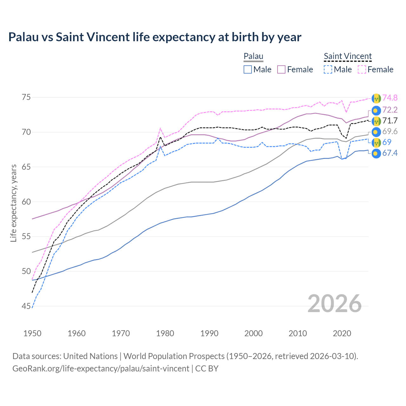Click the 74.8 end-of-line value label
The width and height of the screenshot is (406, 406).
[390, 98]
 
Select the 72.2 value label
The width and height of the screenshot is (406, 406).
[390, 110]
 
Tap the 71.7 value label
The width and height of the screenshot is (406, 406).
[390, 121]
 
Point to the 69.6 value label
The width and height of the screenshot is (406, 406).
[390, 132]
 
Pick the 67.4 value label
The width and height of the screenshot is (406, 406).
[390, 153]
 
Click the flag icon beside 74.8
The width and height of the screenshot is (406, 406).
[376, 98]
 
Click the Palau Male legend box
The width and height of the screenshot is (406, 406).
[248, 69]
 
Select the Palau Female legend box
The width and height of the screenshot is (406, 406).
[281, 69]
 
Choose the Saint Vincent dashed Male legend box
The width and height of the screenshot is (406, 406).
[328, 69]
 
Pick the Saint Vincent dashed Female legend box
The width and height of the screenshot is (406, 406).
[362, 69]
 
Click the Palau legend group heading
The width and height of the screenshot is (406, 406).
[253, 56]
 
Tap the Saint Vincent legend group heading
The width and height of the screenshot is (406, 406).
[348, 56]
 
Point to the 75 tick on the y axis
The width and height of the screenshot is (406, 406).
[26, 97]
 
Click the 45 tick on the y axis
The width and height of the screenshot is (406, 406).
[26, 306]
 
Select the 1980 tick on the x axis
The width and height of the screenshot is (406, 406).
[165, 333]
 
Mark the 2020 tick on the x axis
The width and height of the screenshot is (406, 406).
[342, 333]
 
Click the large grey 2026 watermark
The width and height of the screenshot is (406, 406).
[335, 304]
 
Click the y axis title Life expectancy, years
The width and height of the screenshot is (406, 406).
[14, 203]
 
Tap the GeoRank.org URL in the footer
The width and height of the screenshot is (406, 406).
[101, 369]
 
